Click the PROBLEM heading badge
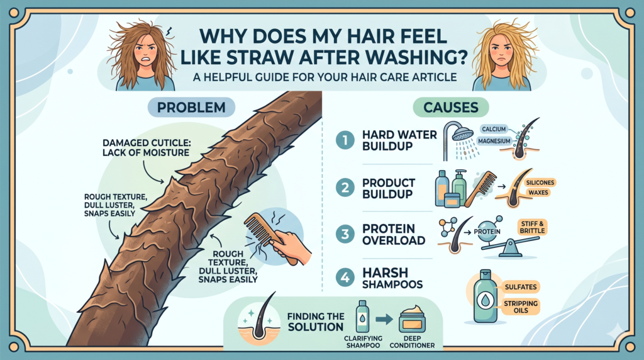[191, 107]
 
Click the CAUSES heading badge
[450, 107]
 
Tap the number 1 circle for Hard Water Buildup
[345, 140]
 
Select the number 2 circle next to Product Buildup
[345, 188]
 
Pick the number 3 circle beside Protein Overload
[345, 234]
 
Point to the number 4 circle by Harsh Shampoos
[345, 278]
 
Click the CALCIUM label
[494, 129]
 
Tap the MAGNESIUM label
[494, 141]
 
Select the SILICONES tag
[540, 183]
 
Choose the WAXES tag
[538, 193]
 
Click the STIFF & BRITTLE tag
[532, 227]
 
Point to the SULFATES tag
[521, 287]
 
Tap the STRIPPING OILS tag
[521, 307]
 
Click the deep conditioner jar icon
[413, 320]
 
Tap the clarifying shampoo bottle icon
[362, 316]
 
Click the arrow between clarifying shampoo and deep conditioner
[384, 319]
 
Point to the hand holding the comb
[290, 248]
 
